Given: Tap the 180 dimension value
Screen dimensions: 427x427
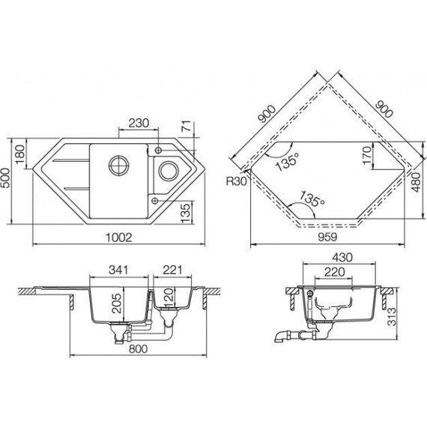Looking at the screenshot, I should tap(22, 154).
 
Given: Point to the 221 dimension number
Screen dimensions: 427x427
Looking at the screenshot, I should tap(173, 268).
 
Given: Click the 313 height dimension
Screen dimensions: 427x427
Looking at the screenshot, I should tap(394, 313).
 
